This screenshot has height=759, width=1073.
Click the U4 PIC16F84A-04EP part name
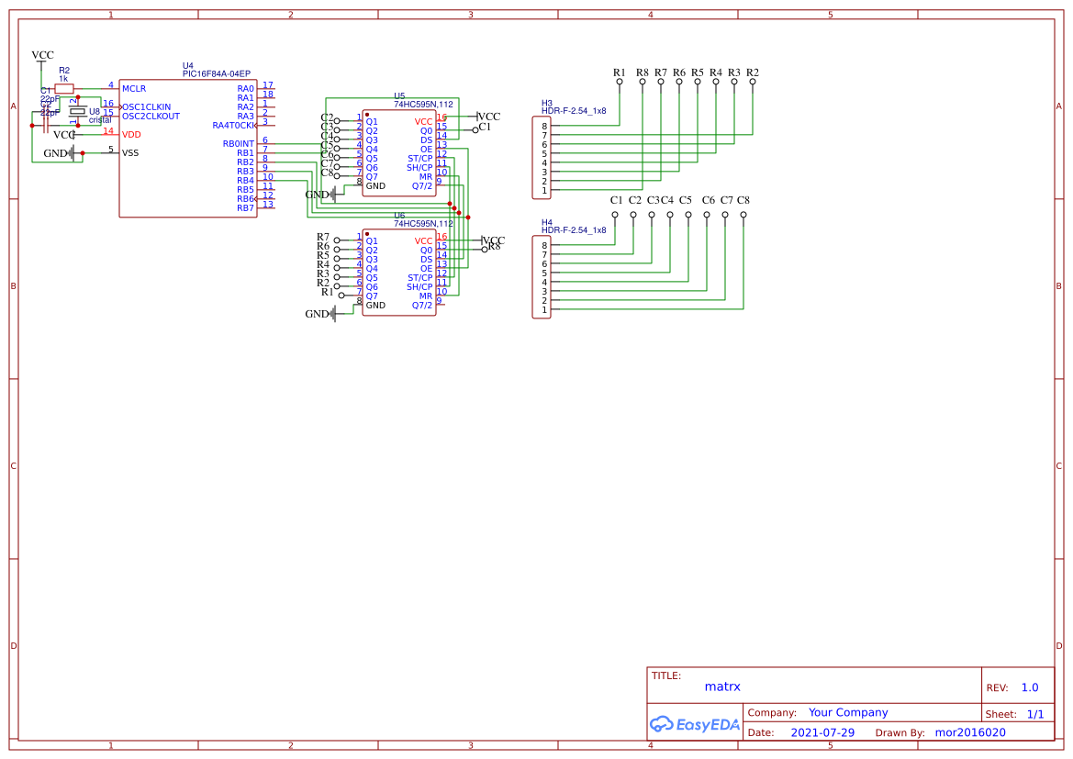[216, 73]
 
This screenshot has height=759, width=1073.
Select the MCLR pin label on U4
[134, 88]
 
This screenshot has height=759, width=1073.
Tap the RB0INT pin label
[239, 143]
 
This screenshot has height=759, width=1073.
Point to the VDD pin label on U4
[131, 134]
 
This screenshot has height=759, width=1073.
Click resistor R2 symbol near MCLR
[64, 88]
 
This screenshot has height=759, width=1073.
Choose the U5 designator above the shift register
[399, 95]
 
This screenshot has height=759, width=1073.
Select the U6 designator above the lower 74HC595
[399, 215]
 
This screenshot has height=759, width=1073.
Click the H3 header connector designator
[547, 103]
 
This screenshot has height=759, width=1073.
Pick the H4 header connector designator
[547, 222]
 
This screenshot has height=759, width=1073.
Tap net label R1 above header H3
[620, 73]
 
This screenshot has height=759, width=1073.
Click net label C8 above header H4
[743, 200]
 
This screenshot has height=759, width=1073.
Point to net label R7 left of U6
[323, 237]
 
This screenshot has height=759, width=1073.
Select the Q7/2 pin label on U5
[421, 185]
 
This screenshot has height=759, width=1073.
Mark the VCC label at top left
[42, 55]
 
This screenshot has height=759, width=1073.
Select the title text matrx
[722, 686]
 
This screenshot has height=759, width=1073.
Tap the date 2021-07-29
[822, 732]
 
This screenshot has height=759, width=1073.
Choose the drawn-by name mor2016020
[969, 732]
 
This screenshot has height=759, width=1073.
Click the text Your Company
[848, 712]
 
